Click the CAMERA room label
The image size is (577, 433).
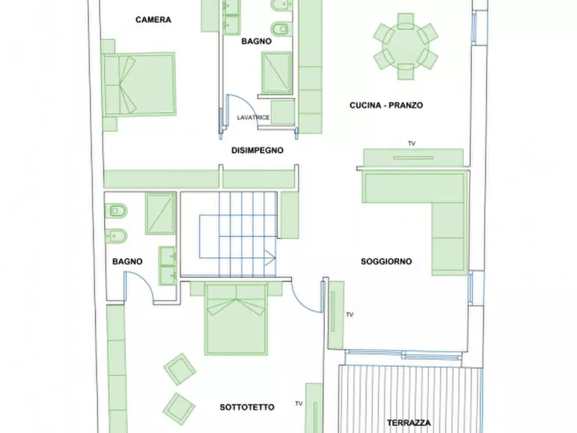pos(153,19)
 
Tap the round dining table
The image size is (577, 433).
pos(406,47)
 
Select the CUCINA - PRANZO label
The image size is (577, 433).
pos(386,105)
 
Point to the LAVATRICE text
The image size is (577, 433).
pos(253,118)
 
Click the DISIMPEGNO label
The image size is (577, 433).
pos(257,150)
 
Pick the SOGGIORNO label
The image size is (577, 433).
pos(386,262)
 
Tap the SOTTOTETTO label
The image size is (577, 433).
pos(247,407)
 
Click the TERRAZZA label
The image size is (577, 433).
pos(408,423)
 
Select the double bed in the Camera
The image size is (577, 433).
pos(138,85)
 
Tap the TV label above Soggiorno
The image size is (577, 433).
pos(412,143)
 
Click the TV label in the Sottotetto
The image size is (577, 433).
pos(299,403)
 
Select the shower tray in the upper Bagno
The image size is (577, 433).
pos(277,72)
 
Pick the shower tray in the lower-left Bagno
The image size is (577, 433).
pos(160,213)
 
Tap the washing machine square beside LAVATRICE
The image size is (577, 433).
pos(282,112)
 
